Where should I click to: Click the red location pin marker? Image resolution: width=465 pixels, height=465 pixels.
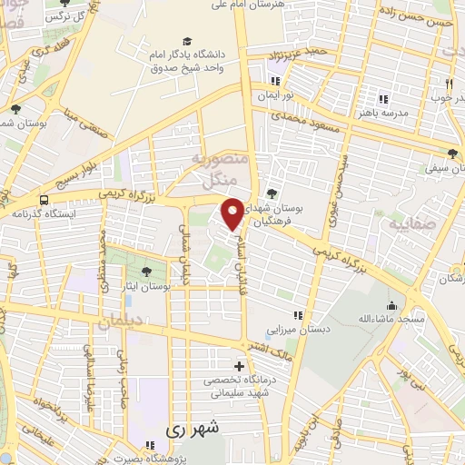[232, 213]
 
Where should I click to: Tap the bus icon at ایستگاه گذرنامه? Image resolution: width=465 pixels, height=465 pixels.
[45, 200]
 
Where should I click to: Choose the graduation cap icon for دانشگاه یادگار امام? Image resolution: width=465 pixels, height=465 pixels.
[187, 42]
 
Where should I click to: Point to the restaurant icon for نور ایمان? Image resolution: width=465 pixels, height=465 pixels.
[287, 81]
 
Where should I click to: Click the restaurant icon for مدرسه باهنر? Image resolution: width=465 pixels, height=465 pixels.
[383, 98]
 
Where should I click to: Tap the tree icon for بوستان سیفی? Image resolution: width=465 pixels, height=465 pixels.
[452, 153]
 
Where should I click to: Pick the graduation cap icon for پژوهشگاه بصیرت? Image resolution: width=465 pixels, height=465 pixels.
[152, 445]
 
